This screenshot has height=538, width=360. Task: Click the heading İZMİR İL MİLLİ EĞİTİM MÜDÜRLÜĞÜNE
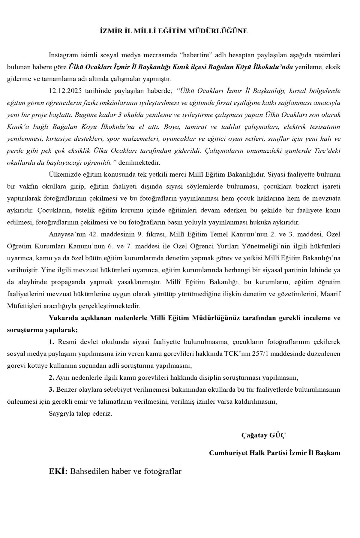pos(174,31)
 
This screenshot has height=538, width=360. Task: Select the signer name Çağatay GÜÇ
pos(263,435)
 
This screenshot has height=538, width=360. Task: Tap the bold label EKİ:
pos(58,471)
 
